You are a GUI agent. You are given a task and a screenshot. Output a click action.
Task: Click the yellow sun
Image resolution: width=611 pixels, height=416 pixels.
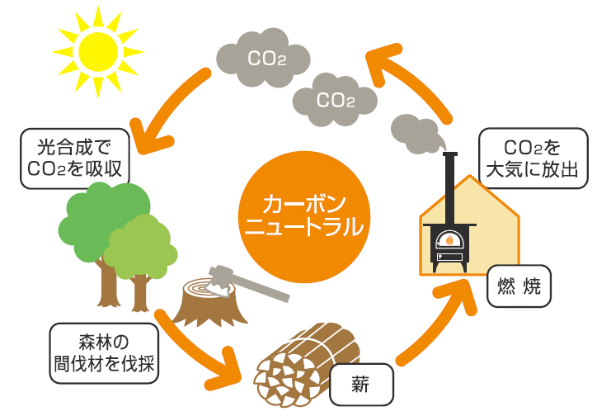tap(98, 51)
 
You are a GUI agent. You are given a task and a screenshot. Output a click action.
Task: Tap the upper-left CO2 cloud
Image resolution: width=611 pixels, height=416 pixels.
tap(263, 58)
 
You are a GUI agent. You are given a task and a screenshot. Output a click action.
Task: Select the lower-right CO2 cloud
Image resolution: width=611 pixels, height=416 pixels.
tap(335, 100)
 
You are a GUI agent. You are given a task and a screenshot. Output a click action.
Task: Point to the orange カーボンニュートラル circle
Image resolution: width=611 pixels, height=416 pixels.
tap(304, 216)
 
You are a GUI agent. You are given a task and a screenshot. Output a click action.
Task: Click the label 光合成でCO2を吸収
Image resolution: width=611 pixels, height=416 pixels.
tap(74, 158)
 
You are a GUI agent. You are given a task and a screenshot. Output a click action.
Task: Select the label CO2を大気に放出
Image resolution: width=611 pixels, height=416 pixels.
tap(533, 158)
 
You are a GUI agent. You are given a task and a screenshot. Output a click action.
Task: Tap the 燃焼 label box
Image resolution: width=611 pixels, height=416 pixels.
tap(519, 286)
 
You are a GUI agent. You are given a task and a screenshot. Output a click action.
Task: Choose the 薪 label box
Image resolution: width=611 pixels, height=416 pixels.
tap(361, 385)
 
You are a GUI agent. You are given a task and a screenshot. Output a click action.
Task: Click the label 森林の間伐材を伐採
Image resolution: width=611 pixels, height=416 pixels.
tap(104, 353)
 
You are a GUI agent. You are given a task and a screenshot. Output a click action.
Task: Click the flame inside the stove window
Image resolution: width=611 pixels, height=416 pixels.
tap(449, 239)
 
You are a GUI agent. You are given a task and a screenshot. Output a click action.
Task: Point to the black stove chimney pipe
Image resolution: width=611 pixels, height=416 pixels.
tap(449, 187)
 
